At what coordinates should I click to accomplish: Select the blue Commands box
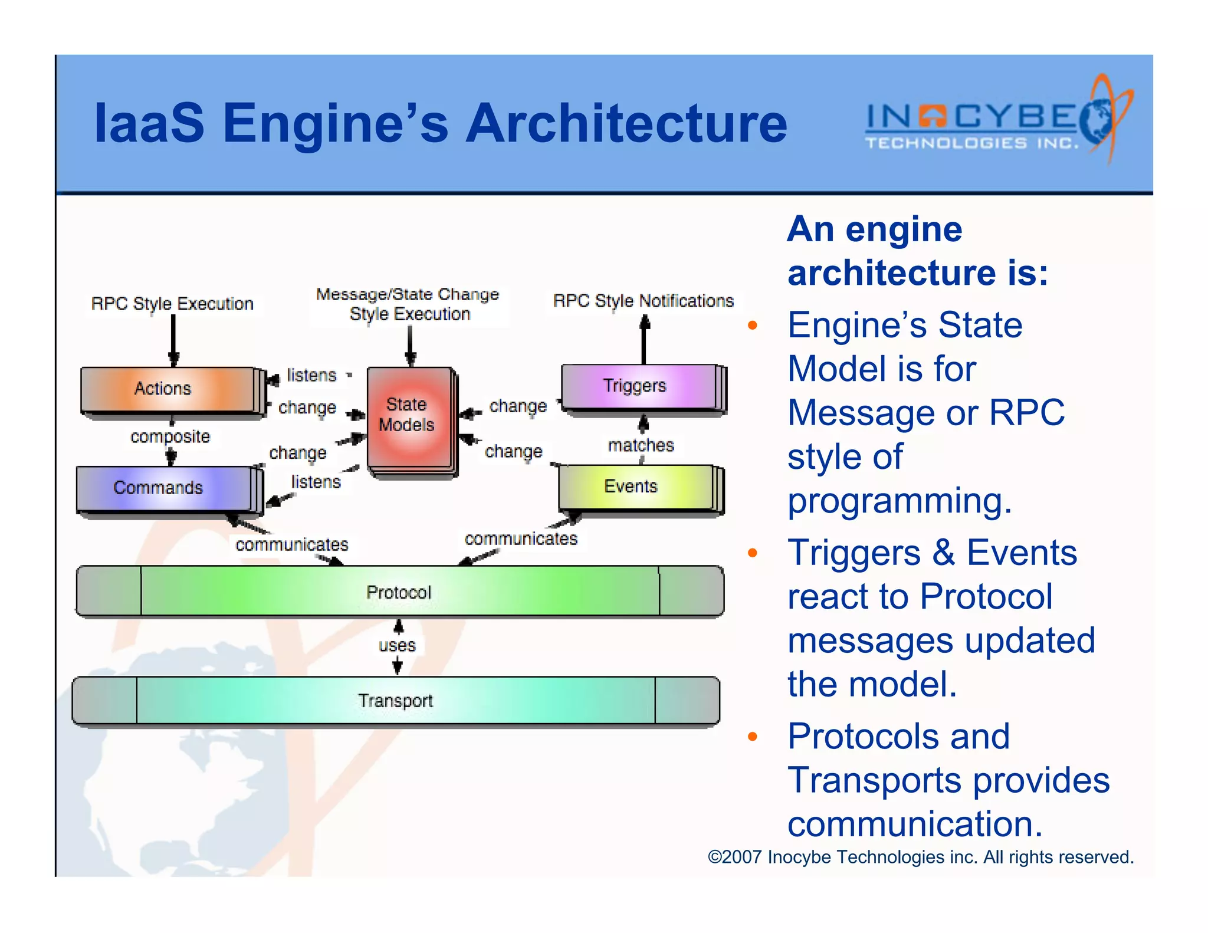click(165, 488)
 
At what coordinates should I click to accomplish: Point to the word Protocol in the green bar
click(399, 592)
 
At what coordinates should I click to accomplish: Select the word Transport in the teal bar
click(395, 701)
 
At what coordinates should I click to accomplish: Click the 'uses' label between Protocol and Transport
click(397, 646)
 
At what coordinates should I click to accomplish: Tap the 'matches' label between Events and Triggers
click(641, 445)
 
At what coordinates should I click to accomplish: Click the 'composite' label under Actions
click(170, 436)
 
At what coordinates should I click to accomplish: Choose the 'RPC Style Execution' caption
click(172, 304)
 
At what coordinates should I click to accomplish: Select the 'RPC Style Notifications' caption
click(643, 301)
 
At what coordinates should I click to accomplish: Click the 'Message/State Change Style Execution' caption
click(408, 304)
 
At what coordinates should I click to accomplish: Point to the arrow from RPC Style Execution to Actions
click(173, 339)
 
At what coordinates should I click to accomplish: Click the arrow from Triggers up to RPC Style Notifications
click(645, 339)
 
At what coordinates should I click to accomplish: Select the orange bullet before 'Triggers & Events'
click(752, 553)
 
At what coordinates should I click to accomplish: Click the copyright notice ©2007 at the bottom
click(920, 857)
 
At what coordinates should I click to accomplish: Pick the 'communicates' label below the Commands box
click(291, 544)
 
